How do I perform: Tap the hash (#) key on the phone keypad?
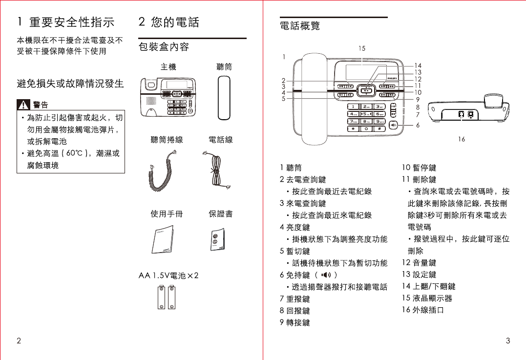coord(379,129)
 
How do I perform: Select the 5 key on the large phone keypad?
coord(366,114)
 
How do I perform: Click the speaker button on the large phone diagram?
coord(394,125)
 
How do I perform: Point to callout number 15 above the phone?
coord(361,48)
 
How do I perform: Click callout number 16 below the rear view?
coord(462,139)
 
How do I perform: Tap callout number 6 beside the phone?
coord(418,125)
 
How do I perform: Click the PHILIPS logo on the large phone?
coord(393,77)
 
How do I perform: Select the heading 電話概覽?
coord(300,25)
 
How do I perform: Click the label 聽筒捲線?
coord(167,140)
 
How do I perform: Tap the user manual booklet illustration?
coord(162,241)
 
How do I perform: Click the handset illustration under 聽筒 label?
coord(224,98)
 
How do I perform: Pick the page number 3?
coord(508,340)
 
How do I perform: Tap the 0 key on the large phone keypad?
coord(366,129)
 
